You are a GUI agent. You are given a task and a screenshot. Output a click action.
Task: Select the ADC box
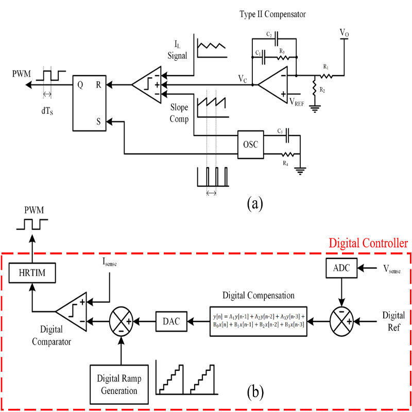pos(341,268)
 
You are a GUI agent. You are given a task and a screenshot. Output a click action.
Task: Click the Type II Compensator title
pos(272,14)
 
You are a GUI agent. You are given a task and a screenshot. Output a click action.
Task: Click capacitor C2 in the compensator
pos(277,39)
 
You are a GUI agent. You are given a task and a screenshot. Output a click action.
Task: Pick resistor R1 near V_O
pos(325,75)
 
